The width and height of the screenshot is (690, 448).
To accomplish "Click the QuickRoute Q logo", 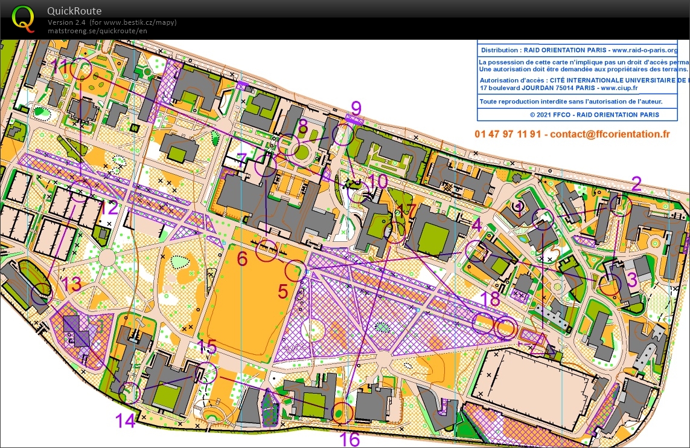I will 24,18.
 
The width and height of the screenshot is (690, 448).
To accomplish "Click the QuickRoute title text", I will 74,11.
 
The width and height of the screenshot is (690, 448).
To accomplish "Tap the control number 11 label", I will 60,67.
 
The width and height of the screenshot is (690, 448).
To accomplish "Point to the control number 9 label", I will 356,109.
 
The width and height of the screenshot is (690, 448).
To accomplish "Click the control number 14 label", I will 126,420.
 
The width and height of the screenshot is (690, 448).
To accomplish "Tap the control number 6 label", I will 243,259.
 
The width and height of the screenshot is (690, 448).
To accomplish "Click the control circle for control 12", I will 80,190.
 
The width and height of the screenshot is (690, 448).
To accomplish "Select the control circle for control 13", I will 41,293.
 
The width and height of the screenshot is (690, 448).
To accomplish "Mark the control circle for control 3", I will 610,284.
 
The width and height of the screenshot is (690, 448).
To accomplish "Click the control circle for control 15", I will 208,372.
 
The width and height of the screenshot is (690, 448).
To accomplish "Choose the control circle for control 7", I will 265,165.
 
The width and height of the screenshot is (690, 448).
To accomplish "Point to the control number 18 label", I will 491,299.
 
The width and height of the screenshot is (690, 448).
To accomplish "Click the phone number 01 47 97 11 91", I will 509,134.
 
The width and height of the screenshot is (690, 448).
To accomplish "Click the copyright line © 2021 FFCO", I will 594,114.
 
